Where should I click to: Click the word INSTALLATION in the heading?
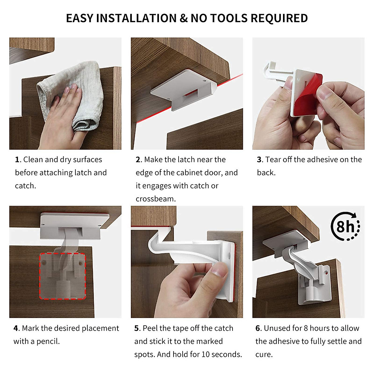(136, 18)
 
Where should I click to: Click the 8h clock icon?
(345, 226)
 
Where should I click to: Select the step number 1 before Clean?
(17, 160)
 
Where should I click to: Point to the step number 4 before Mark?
(16, 328)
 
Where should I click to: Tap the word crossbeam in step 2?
(155, 199)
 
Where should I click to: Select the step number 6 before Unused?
(258, 328)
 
